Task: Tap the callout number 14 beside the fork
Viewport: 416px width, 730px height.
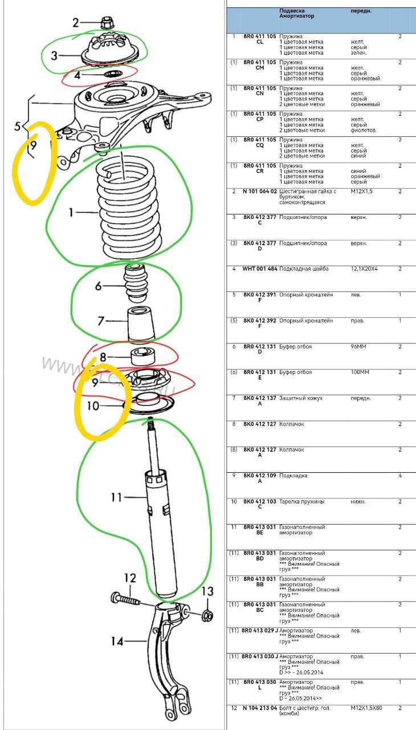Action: point(116,642)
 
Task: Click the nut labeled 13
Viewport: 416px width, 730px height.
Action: point(208,615)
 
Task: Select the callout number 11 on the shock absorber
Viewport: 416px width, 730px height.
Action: point(116,497)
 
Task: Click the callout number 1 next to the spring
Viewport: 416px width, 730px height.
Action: point(71,213)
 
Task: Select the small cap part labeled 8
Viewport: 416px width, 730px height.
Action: point(144,356)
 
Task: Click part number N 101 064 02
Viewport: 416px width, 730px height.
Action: point(260,192)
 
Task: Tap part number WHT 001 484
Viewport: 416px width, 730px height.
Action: point(260,269)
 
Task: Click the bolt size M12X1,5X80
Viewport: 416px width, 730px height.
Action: point(368,708)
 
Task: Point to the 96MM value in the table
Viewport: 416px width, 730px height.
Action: point(358,346)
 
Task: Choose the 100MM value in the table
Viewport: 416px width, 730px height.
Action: point(360,372)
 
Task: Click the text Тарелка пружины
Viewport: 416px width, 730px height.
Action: point(301,501)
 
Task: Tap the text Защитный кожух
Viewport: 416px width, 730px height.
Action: point(300,398)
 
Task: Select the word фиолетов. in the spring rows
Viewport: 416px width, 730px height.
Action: point(365,130)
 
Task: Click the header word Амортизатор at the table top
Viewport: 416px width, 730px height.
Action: point(296,16)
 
